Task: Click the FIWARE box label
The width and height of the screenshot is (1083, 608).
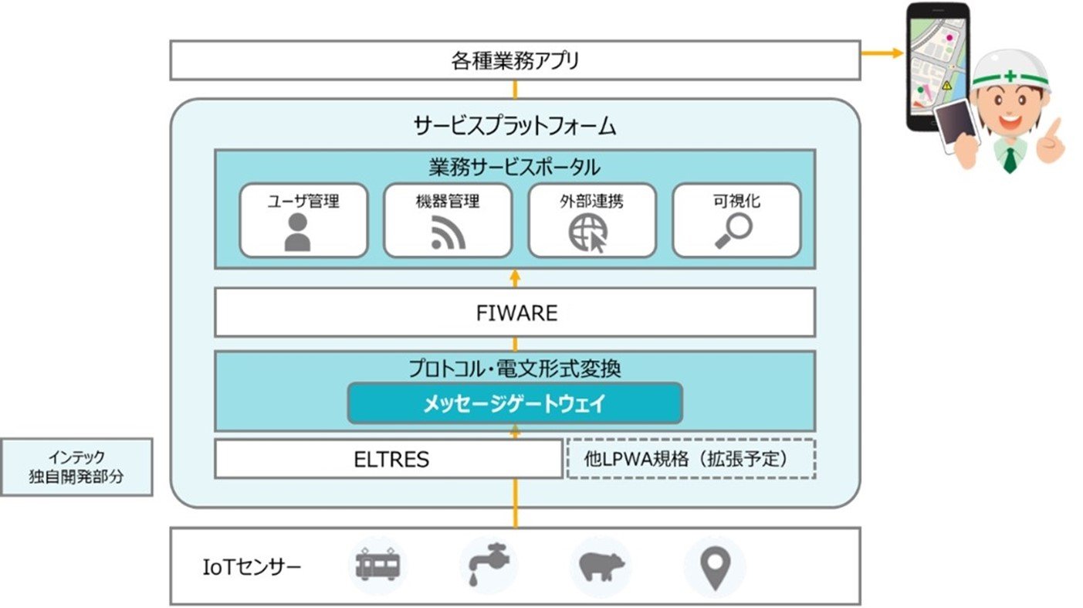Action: click(516, 313)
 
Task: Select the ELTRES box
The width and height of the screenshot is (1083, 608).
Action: click(389, 459)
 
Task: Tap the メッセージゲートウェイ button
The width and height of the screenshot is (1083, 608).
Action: click(515, 403)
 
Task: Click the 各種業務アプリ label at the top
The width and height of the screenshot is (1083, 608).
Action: click(515, 61)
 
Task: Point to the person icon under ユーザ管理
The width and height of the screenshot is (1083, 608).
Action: click(297, 233)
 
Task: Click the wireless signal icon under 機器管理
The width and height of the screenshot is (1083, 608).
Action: click(448, 233)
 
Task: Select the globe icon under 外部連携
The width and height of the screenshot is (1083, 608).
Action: click(588, 233)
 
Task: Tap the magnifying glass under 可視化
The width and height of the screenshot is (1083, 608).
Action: click(734, 231)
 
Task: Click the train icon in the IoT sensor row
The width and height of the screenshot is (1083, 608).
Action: click(377, 565)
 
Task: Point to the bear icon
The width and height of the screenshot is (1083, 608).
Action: click(601, 566)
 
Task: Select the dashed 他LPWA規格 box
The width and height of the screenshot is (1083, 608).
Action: click(692, 459)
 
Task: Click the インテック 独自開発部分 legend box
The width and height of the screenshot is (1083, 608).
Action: click(77, 467)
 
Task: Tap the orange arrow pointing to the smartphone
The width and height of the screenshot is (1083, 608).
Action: click(882, 53)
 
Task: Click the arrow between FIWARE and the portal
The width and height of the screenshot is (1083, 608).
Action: click(515, 279)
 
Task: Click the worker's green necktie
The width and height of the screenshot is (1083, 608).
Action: click(1010, 160)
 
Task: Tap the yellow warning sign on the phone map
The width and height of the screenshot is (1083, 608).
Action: click(946, 86)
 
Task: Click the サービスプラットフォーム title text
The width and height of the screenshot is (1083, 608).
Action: click(515, 126)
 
